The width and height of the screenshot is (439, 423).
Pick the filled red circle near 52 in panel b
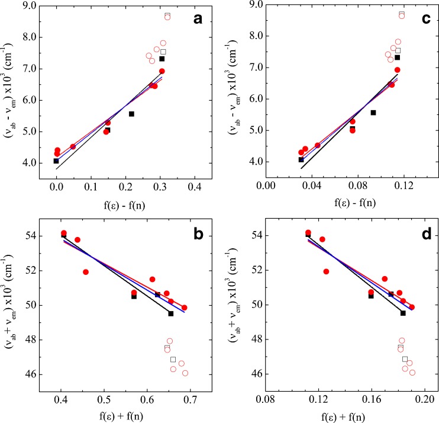click(x=86, y=272)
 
